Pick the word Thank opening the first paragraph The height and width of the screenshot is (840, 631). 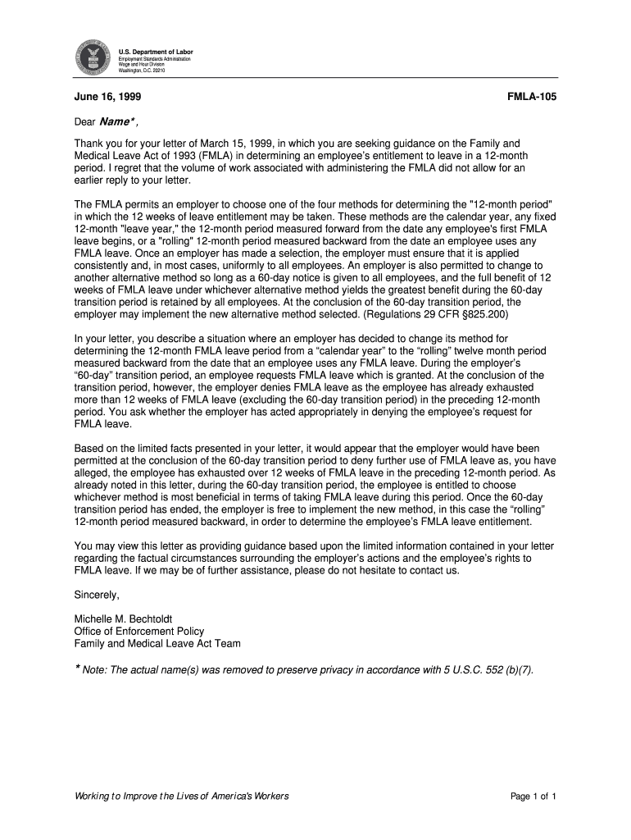[x=89, y=143]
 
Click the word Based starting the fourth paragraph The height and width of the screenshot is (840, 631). [x=90, y=449]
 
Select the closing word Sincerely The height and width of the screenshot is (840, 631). [x=97, y=595]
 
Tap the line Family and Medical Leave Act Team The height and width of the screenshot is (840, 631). [x=157, y=644]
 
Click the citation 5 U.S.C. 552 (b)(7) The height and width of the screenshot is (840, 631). [x=485, y=669]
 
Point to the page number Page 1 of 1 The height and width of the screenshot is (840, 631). [x=533, y=797]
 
